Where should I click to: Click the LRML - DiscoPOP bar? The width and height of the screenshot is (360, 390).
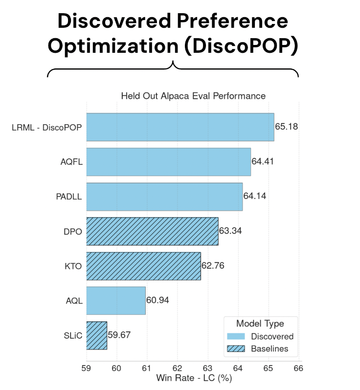[180, 127]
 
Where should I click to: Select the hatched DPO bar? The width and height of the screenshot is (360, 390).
[153, 231]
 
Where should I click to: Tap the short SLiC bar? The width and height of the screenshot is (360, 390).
[97, 336]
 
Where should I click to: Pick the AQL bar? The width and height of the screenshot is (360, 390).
[116, 301]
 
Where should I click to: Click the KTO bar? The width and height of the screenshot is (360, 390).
[144, 266]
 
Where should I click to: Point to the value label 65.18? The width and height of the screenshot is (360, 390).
[286, 127]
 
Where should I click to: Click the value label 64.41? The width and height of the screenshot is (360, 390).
[262, 161]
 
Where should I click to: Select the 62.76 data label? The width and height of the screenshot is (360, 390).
[213, 266]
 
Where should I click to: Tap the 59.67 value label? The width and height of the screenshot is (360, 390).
[119, 335]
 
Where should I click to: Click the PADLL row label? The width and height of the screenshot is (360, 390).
[69, 197]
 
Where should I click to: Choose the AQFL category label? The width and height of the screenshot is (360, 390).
[71, 162]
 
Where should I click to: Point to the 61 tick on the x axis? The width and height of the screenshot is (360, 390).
[147, 368]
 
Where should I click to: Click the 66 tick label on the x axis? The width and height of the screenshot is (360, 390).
[298, 368]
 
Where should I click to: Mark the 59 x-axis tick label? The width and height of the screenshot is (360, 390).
[86, 368]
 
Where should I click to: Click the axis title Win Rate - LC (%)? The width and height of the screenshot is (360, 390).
[194, 378]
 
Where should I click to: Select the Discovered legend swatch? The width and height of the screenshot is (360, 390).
[236, 337]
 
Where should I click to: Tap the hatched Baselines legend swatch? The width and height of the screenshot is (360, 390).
[236, 349]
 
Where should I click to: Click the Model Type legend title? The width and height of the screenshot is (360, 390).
[260, 324]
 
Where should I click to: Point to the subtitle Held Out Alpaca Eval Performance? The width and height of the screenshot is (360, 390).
[193, 96]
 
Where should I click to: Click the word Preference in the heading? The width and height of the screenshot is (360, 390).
[232, 21]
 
